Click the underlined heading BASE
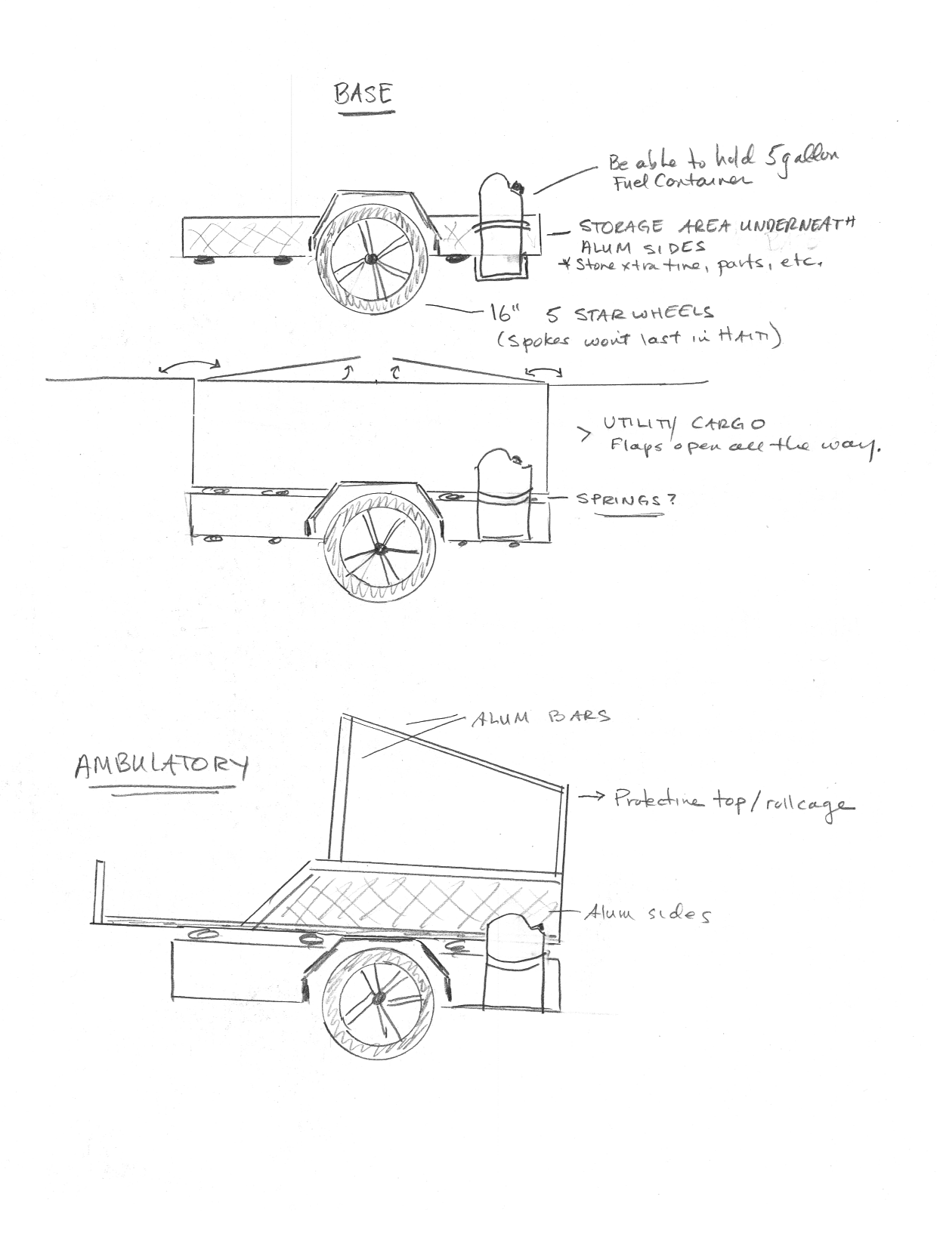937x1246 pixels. pyautogui.click(x=364, y=95)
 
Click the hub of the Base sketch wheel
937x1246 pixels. pyautogui.click(x=370, y=258)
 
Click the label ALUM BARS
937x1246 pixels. pyautogui.click(x=540, y=717)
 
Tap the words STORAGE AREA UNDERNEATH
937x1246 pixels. pyautogui.click(x=716, y=226)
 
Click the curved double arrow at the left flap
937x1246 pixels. pyautogui.click(x=189, y=365)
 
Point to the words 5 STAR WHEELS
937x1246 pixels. pyautogui.click(x=644, y=313)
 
